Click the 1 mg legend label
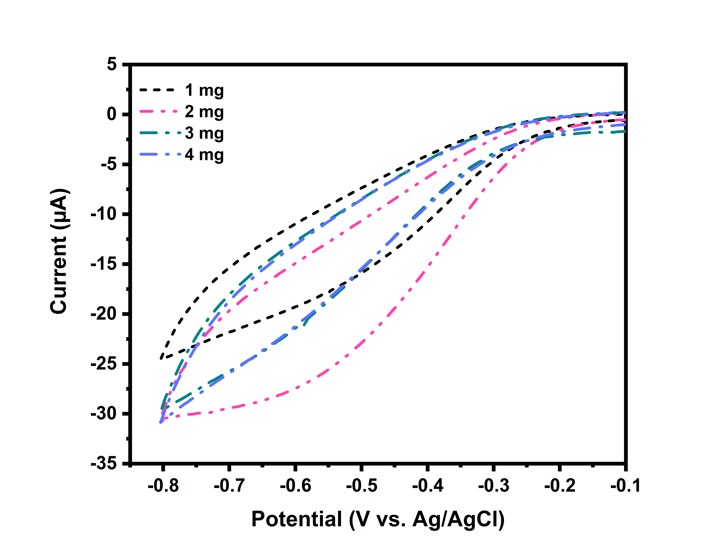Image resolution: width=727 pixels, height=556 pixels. tap(204, 90)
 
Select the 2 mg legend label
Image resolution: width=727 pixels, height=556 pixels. tap(204, 112)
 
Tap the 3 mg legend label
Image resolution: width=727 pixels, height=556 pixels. tap(204, 133)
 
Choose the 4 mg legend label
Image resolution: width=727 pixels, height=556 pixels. tap(204, 155)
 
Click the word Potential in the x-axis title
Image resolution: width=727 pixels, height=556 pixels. tap(296, 519)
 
